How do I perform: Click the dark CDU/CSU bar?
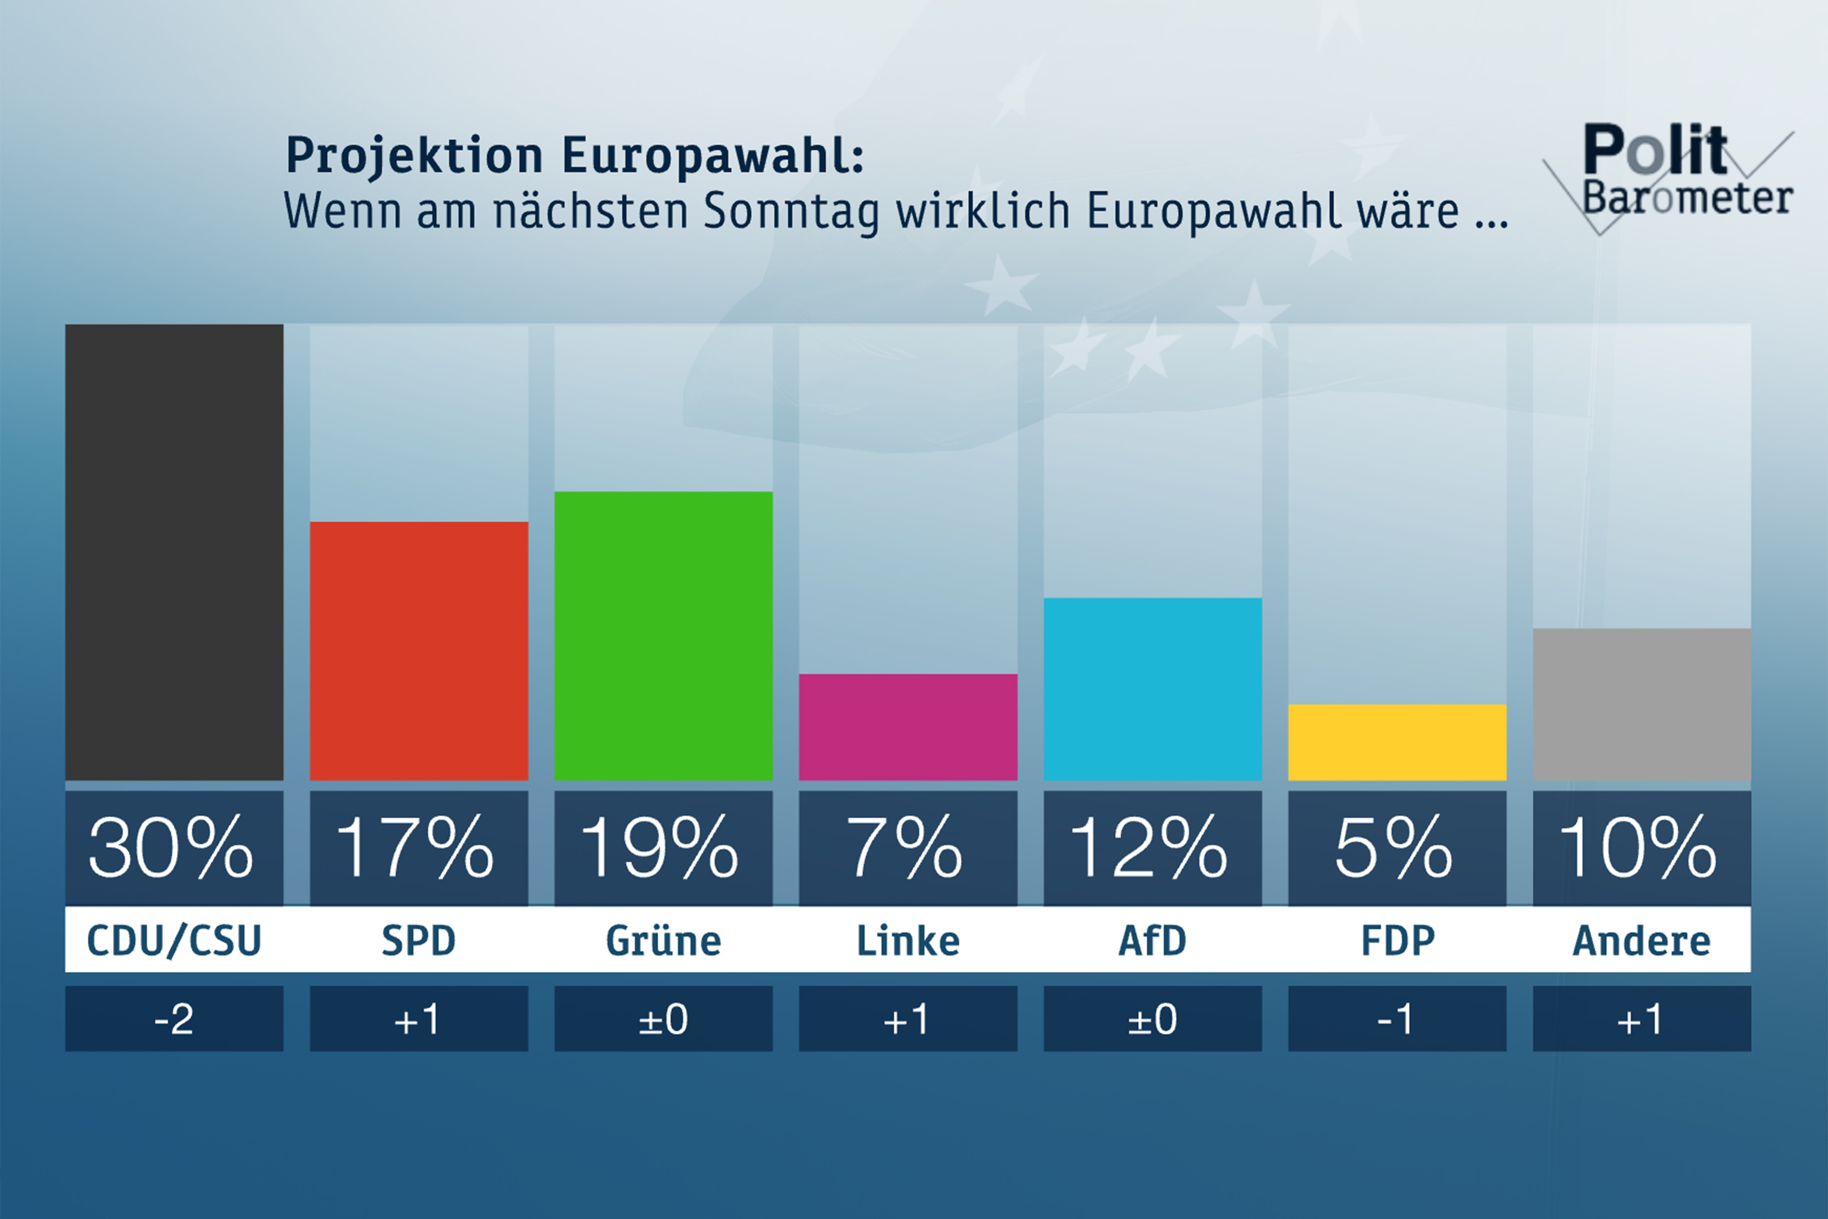[x=174, y=552]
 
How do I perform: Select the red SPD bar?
[x=419, y=651]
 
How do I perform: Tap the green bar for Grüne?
[x=663, y=635]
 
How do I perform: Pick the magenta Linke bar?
[x=908, y=727]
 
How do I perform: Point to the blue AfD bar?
[x=1153, y=689]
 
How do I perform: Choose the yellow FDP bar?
[x=1397, y=743]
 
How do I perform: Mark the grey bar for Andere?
[x=1641, y=704]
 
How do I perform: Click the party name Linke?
[x=908, y=941]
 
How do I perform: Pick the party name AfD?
[x=1153, y=941]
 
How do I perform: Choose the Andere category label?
[x=1641, y=941]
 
